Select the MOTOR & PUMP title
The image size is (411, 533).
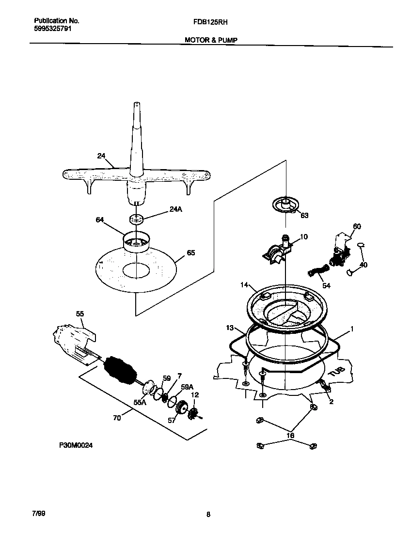point(210,40)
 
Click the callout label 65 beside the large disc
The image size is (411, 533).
point(191,252)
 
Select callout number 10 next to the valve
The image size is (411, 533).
point(304,237)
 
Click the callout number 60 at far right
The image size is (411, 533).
point(357,226)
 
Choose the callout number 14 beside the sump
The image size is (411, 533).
point(244,285)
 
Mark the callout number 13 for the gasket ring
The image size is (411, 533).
point(230,328)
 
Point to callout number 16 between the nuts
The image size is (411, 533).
point(290,436)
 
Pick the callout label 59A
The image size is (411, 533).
point(188,387)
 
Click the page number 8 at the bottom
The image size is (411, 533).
point(208,515)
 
